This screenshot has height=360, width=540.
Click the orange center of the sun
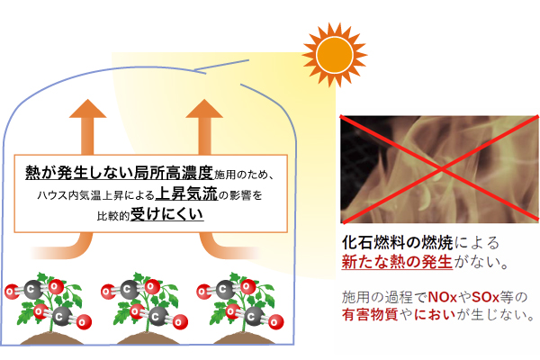[x=335, y=55]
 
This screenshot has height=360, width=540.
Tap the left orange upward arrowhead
[x=88, y=109]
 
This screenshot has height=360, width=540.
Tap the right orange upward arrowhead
[x=204, y=109]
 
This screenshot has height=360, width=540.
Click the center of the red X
[x=441, y=168]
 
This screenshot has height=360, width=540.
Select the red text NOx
[x=443, y=297]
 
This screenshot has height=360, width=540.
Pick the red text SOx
[x=485, y=297]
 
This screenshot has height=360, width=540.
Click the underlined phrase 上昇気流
[x=186, y=194]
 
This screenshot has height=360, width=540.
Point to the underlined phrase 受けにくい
[x=167, y=214]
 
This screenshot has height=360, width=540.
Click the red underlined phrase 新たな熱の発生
[x=397, y=262]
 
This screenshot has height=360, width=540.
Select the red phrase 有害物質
[x=370, y=314]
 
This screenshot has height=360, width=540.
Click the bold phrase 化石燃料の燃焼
[x=398, y=242]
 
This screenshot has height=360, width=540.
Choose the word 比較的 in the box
[x=113, y=216]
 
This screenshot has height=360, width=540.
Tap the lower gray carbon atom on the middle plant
[x=157, y=316]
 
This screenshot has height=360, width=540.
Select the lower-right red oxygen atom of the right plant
[x=274, y=322]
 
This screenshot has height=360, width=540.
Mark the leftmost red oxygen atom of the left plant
[x=12, y=292]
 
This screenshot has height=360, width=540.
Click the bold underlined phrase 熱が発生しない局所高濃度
[x=120, y=172]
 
